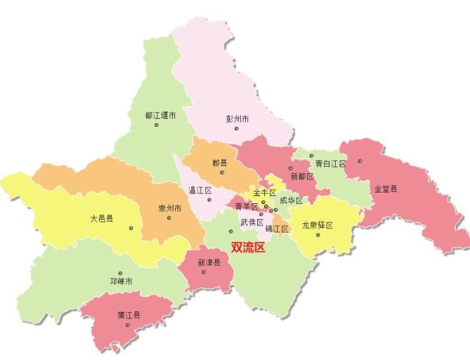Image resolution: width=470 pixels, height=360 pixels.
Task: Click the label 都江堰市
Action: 161,115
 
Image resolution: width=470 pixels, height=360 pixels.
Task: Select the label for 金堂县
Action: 386,189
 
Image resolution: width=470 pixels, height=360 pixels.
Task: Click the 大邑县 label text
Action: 101,218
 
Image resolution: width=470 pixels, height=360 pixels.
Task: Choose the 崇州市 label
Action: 170,209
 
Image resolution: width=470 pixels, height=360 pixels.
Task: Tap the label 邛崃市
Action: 120,281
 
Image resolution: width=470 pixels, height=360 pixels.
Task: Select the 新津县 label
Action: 209,263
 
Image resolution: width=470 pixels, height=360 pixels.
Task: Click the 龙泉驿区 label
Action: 317,225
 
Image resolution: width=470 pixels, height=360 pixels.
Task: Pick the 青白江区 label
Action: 330,164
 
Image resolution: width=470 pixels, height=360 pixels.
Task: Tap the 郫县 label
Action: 220,163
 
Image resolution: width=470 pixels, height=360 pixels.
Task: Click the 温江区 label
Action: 200,190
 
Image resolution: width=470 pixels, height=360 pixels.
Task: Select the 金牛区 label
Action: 264,193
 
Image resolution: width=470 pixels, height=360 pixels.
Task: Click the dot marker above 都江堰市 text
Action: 156,125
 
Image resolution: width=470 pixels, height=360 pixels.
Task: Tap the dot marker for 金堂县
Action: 361,160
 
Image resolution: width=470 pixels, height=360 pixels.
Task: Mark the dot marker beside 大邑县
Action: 132,228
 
